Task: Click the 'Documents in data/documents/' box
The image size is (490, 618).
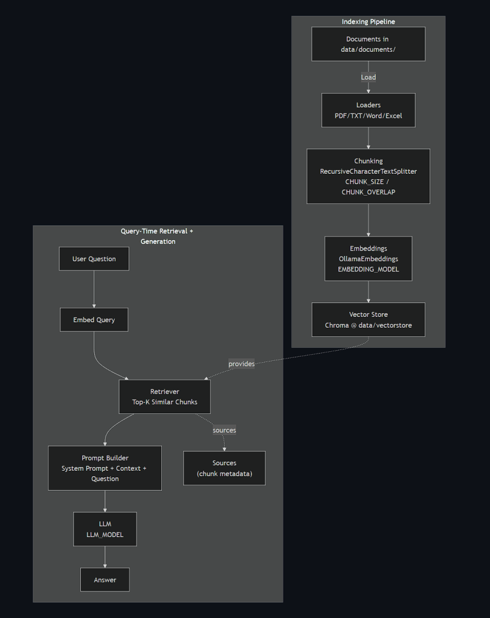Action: click(x=368, y=44)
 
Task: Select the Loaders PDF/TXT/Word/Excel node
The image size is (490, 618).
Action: click(x=368, y=110)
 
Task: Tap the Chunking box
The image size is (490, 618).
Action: click(x=368, y=176)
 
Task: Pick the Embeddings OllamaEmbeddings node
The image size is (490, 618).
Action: click(x=368, y=258)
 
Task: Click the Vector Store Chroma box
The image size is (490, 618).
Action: click(x=368, y=319)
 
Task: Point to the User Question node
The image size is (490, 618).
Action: click(x=94, y=259)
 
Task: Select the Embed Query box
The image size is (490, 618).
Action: click(x=94, y=319)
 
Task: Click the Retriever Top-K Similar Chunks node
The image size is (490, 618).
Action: click(x=164, y=397)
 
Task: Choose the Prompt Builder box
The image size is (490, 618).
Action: click(x=105, y=468)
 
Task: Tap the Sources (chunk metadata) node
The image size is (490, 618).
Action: click(x=224, y=468)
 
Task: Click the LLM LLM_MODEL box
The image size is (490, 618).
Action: click(x=105, y=529)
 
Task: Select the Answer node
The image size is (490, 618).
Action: click(x=105, y=580)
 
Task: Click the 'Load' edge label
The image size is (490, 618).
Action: click(x=368, y=77)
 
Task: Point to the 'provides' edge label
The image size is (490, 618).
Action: click(x=241, y=364)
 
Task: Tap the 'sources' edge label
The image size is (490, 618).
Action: click(x=224, y=430)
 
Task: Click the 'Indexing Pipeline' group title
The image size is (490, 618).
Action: click(x=368, y=22)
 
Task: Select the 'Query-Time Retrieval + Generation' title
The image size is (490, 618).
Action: click(x=158, y=236)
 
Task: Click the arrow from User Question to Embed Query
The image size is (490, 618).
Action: click(x=94, y=289)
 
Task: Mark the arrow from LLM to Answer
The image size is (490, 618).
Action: click(x=105, y=557)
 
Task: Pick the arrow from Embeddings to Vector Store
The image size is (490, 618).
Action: click(x=368, y=291)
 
